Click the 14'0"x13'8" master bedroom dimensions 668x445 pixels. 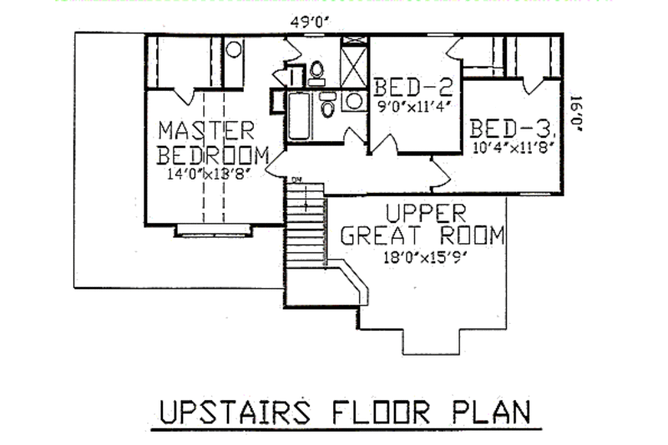pyautogui.click(x=209, y=174)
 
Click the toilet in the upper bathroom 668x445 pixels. pyautogui.click(x=316, y=73)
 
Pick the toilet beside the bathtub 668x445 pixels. pyautogui.click(x=328, y=105)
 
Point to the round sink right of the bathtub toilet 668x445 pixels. pyautogui.click(x=354, y=102)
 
